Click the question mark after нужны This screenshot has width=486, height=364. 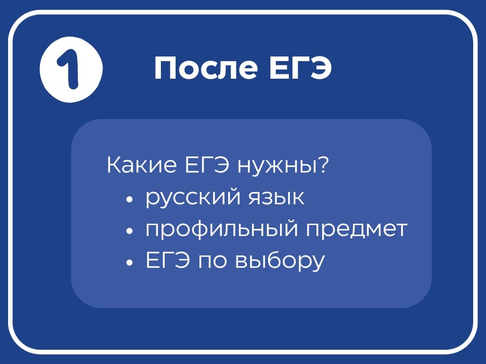pos(323,166)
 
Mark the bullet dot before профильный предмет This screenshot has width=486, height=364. pos(130,231)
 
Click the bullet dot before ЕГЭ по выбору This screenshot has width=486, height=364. pos(130,263)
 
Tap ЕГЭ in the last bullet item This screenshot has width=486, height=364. pos(168,261)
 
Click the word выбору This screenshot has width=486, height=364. pos(280,262)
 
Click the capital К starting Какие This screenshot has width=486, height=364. pos(113,166)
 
